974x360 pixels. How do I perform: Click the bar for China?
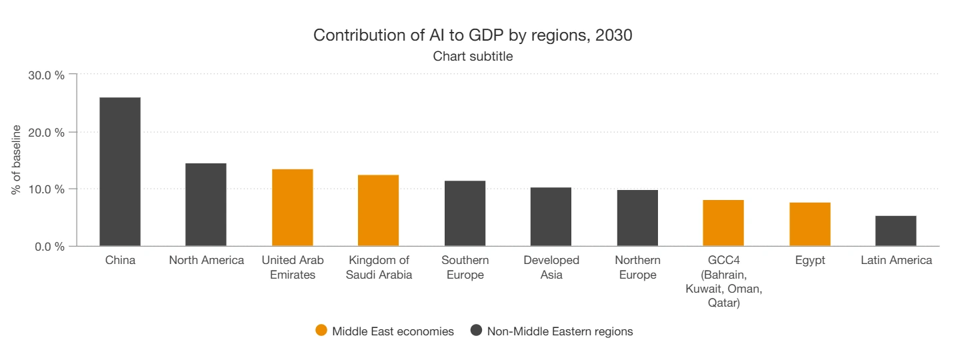120,172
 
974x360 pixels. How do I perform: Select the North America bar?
206,205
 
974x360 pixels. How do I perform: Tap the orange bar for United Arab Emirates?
292,208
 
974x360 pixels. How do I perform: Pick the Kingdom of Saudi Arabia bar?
378,211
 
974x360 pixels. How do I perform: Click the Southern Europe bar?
465,213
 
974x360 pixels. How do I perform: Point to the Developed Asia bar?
551,217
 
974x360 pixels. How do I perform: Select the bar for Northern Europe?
637,218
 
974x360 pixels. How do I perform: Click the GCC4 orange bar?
723,223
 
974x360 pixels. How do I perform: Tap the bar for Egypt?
810,225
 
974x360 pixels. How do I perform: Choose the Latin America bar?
895,231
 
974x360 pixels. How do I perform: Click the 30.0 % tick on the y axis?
46,75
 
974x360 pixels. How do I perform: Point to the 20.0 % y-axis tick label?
46,132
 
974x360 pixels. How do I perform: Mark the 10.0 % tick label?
46,189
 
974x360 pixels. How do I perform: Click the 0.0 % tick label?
49,247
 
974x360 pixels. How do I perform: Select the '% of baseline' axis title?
16,160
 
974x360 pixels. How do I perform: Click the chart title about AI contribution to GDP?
473,35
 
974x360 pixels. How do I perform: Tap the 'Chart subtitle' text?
473,57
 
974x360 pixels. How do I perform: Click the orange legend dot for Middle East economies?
321,331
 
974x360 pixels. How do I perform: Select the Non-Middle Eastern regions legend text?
560,331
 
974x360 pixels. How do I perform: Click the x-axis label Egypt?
810,261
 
